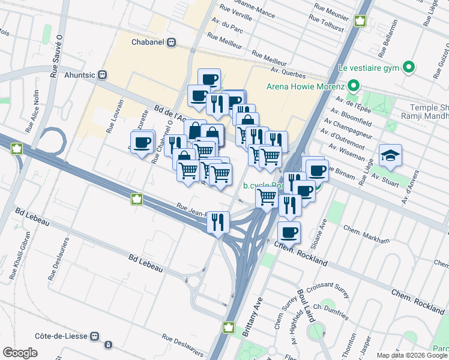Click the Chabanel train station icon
tap(172, 42)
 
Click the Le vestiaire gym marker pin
tap(409, 66)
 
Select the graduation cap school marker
tap(390, 155)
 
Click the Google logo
tap(20, 353)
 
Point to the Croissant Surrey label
tap(328, 289)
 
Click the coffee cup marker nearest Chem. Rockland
tap(289, 232)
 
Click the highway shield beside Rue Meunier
tap(361, 21)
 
